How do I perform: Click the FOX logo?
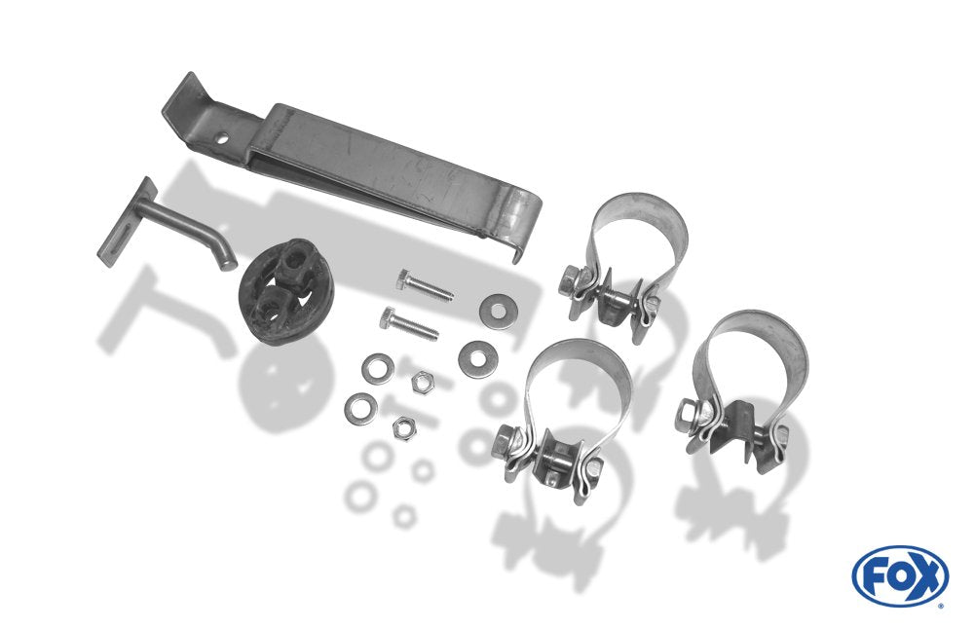[900, 575]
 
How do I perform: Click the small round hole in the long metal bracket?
[221, 139]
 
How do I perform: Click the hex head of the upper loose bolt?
[404, 278]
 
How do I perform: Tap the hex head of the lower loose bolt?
[387, 317]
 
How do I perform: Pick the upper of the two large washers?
[498, 310]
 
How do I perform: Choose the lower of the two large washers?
[477, 357]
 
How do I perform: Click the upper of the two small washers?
[378, 368]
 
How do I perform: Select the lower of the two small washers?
[361, 408]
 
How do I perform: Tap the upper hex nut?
[423, 381]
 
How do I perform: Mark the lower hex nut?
[404, 428]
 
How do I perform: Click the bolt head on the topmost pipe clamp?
[569, 279]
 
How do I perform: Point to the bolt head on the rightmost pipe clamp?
[688, 413]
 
